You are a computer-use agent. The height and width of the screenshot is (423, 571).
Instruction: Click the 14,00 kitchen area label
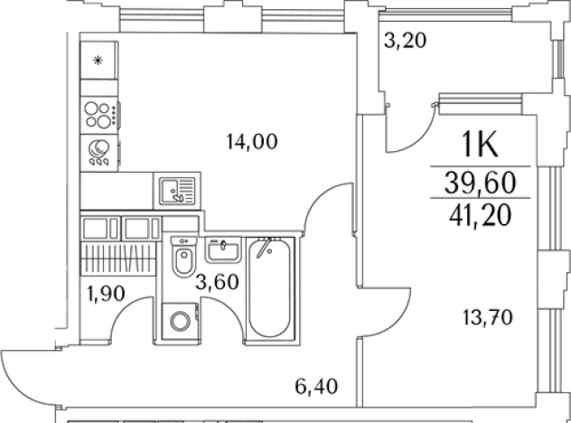(x=252, y=142)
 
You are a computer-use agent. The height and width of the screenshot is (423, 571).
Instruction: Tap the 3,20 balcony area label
(x=405, y=41)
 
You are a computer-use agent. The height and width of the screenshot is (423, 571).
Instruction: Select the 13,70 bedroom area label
(x=488, y=317)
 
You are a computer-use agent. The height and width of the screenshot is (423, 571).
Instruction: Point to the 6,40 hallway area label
(x=316, y=387)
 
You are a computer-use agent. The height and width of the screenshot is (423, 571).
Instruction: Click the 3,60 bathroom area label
(x=217, y=282)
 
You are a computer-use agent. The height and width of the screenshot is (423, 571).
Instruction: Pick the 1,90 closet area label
(x=106, y=293)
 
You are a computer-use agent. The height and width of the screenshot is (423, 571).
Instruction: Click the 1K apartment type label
(x=480, y=145)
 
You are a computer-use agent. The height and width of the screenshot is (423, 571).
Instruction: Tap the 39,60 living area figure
(x=481, y=183)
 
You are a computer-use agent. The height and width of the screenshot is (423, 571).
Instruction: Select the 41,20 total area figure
(x=481, y=215)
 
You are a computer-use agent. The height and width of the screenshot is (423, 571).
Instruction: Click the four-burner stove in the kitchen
(x=99, y=115)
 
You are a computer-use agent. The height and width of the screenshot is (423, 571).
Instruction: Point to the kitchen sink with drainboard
(x=177, y=191)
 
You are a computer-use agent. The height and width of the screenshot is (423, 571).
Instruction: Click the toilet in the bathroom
(x=184, y=256)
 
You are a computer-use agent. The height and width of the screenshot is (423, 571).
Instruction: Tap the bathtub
(x=270, y=287)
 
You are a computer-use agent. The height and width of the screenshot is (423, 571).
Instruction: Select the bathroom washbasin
(x=223, y=249)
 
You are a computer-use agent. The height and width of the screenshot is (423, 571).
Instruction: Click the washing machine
(x=180, y=322)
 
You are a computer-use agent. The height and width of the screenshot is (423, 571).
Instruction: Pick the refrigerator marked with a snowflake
(x=98, y=61)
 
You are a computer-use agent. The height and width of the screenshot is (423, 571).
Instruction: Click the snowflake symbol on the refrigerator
(x=98, y=61)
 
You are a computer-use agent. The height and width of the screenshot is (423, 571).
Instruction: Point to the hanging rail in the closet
(x=117, y=258)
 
